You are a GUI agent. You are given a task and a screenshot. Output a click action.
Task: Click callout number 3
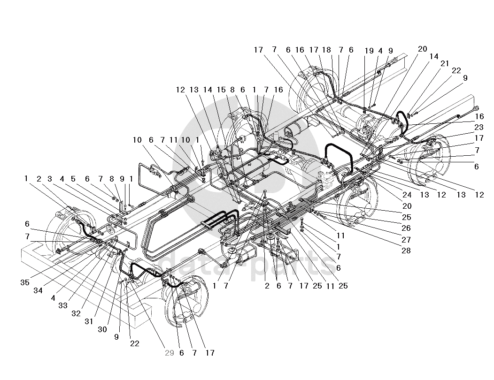coord(49,179)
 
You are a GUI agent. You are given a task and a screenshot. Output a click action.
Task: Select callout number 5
coord(73,179)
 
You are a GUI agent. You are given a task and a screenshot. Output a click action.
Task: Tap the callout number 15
coord(221,90)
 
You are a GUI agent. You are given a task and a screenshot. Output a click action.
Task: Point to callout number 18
coord(327,50)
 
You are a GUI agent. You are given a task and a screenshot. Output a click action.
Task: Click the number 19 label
coord(369,51)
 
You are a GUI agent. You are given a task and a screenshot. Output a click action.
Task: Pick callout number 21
coord(445,64)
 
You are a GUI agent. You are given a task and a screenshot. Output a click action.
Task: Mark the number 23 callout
coord(479,127)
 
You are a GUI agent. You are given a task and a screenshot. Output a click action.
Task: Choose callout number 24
coord(407,195)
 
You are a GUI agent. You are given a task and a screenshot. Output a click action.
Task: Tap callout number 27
coord(406,240)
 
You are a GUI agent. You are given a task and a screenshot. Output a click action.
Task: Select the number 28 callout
coord(406,251)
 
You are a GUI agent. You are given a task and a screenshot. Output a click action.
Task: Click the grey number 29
coord(170,353)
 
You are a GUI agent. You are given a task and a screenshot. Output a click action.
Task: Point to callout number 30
coord(102,329)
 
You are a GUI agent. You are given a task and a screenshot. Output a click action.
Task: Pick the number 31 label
coord(89,322)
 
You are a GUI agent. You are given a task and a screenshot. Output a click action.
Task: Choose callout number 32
coord(76,313)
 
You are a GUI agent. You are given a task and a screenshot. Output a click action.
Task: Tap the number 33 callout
coord(63,305)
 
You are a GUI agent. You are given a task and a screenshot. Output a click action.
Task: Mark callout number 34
coord(38,290)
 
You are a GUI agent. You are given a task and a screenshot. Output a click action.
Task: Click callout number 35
coord(25,282)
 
